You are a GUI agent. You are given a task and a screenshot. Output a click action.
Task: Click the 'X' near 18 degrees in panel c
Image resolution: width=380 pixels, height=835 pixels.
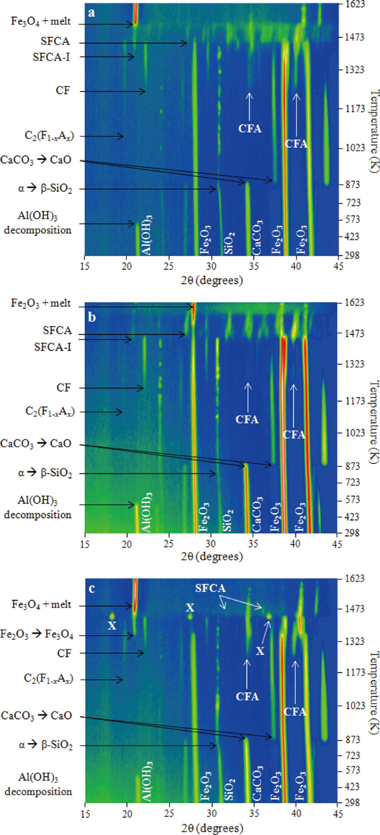coord(111,626)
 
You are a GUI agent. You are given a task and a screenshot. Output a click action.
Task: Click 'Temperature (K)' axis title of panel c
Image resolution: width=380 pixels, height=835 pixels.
coord(373,684)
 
